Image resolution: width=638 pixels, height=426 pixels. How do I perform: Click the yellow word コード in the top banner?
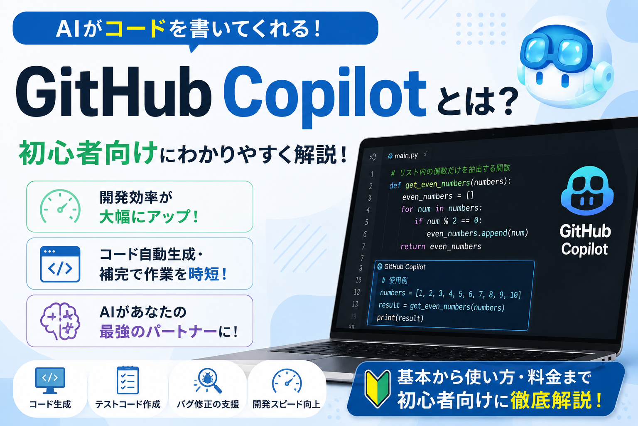(x=135, y=28)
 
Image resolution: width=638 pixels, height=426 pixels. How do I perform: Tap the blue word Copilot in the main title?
(x=325, y=96)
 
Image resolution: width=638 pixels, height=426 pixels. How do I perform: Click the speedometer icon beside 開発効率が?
(x=60, y=206)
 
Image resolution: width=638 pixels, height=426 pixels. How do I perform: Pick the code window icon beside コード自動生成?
(x=60, y=264)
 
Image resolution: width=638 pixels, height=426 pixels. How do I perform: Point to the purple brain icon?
(x=60, y=321)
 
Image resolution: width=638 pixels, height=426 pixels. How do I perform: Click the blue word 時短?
(x=204, y=274)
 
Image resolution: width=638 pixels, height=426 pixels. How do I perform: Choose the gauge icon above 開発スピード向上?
(x=287, y=381)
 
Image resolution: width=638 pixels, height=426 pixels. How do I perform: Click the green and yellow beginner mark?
(x=378, y=388)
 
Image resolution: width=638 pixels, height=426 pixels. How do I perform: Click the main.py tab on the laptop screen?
(x=403, y=156)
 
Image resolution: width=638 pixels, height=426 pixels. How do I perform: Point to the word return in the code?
(x=413, y=246)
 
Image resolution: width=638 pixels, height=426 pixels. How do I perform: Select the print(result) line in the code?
(x=400, y=318)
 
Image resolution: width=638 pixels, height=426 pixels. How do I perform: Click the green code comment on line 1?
(x=450, y=171)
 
